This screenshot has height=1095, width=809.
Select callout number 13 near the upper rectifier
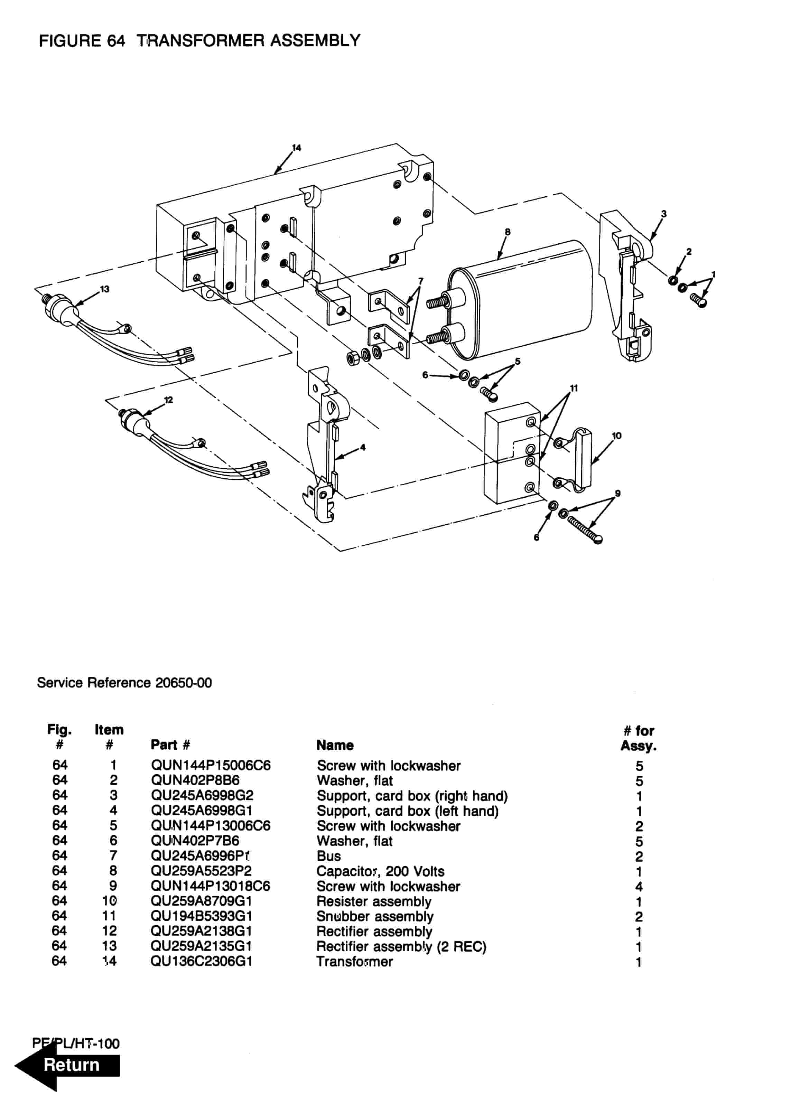click(x=105, y=289)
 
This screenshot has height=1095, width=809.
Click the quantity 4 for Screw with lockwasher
click(x=639, y=887)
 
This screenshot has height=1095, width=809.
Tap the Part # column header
click(x=170, y=745)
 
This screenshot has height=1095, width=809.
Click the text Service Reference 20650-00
click(x=124, y=683)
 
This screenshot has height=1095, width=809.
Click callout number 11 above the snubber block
click(x=574, y=388)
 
